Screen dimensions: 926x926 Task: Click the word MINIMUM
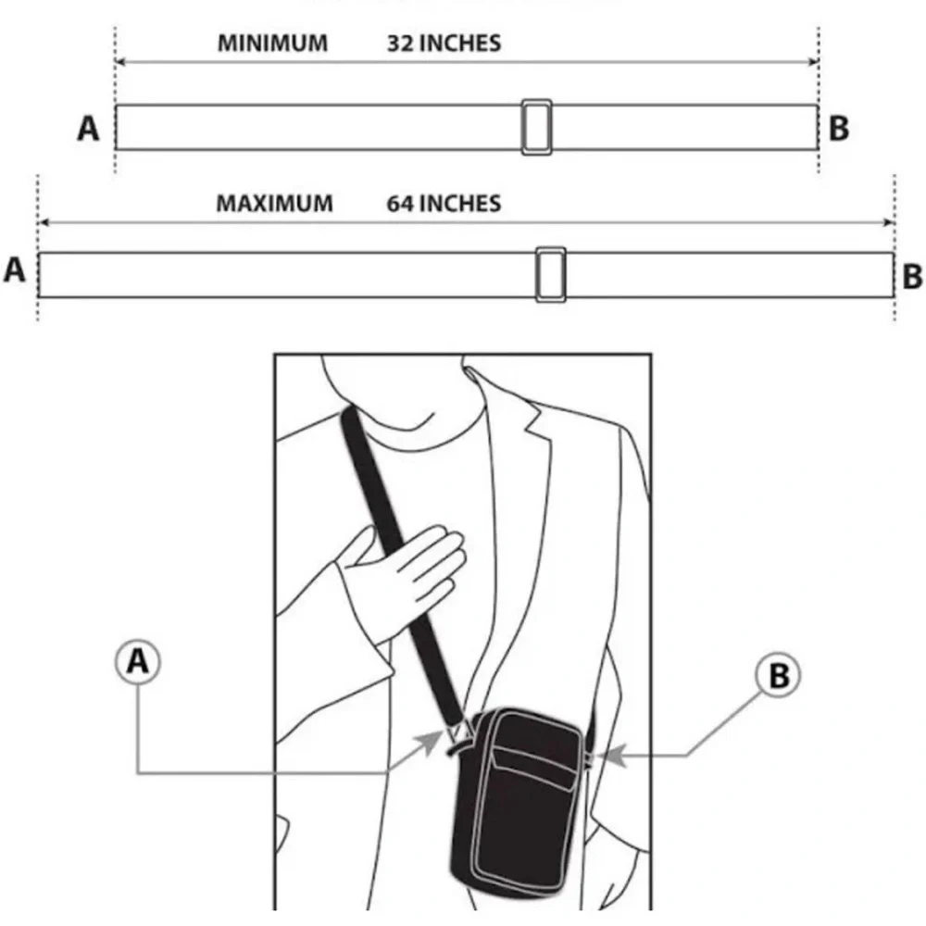click(x=272, y=44)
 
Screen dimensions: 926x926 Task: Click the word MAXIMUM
click(x=275, y=204)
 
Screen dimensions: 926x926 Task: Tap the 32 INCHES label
click(x=444, y=44)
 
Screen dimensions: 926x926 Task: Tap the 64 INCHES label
click(x=444, y=204)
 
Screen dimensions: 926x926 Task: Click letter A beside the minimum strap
click(x=89, y=128)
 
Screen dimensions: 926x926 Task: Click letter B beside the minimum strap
click(x=839, y=128)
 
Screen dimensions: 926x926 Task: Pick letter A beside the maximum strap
click(x=15, y=270)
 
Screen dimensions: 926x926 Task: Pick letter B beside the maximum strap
click(x=912, y=276)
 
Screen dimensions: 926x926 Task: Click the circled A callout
click(x=138, y=661)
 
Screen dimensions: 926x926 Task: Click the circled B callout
click(x=779, y=675)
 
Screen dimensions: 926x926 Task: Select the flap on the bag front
click(x=534, y=767)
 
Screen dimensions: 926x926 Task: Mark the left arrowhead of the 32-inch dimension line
click(x=119, y=61)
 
